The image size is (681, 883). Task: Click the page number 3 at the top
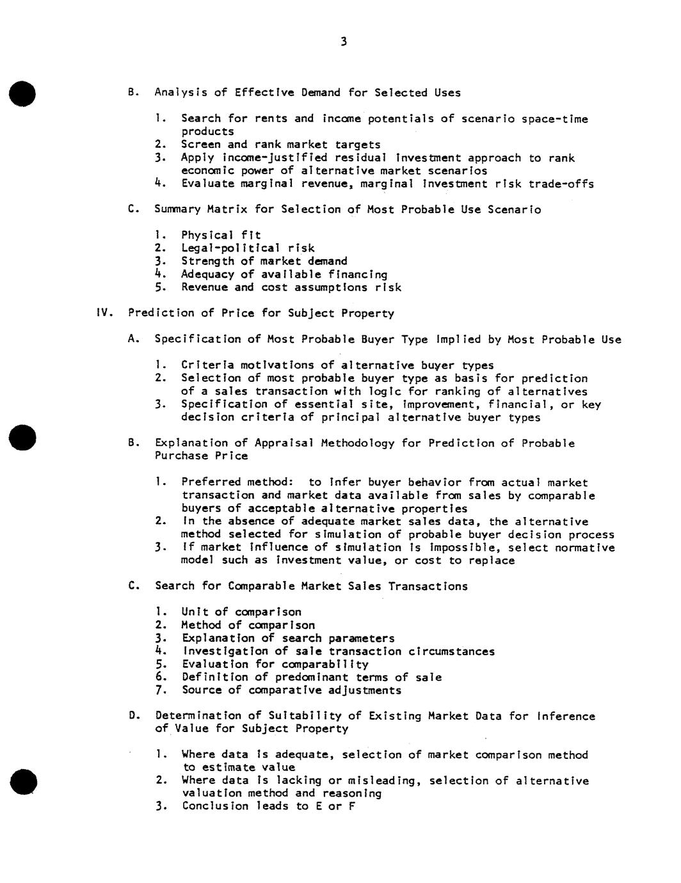344,42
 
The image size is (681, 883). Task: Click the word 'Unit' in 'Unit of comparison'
195,612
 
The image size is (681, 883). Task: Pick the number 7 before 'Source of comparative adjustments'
159,690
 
